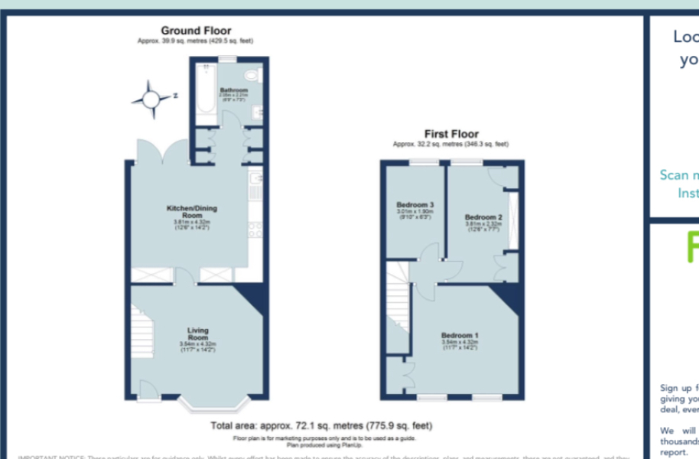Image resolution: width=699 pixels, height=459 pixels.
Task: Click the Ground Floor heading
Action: [196, 31]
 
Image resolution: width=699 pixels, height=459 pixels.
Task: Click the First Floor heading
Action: [451, 134]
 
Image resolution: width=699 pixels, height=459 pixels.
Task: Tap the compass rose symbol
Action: [151, 99]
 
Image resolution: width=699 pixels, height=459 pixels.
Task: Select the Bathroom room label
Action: [234, 90]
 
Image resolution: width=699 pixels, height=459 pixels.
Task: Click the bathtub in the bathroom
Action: [205, 95]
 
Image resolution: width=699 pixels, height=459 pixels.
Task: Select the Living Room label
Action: [198, 334]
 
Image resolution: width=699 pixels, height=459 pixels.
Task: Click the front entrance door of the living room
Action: [150, 392]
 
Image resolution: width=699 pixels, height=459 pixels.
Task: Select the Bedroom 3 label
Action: [415, 205]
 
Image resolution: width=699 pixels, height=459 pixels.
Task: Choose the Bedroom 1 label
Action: [460, 335]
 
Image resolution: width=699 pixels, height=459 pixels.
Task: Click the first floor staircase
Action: [397, 306]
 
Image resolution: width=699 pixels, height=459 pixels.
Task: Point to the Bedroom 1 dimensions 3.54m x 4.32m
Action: [460, 343]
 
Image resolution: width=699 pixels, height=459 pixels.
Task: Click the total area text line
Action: [321, 425]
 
